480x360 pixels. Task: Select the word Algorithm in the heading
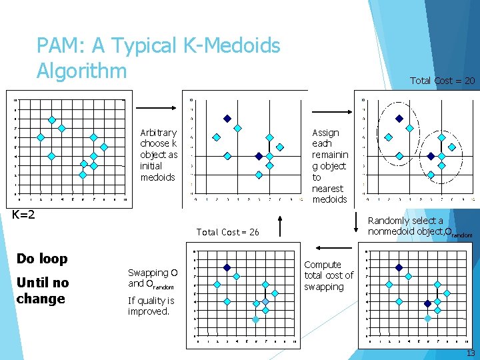(81, 69)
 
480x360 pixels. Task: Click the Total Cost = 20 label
(442, 81)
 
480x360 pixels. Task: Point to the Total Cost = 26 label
(227, 232)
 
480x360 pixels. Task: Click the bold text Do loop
(41, 258)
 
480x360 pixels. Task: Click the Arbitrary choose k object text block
(159, 155)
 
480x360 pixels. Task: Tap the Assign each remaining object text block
(329, 166)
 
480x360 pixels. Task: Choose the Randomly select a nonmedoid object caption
(419, 226)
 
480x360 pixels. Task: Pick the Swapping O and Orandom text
(153, 278)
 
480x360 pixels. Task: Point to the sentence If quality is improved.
(151, 305)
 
